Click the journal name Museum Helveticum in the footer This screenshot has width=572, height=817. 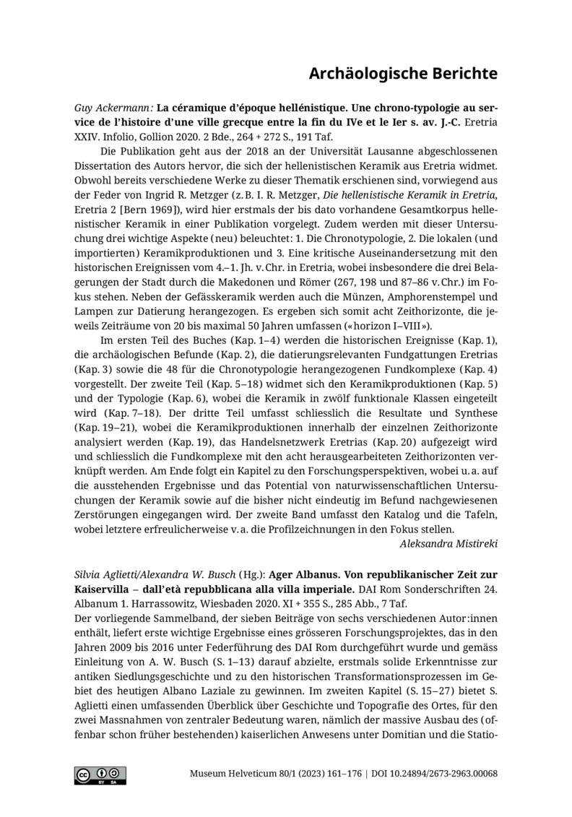[x=229, y=774]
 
